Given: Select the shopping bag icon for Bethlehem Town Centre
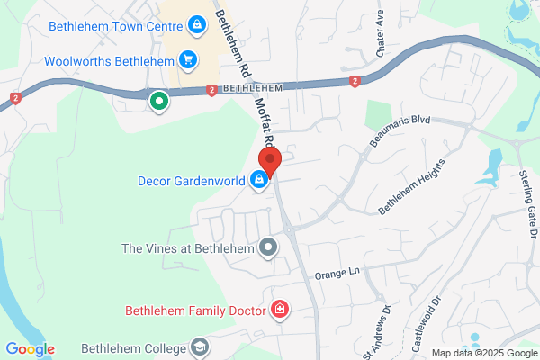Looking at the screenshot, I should click(x=194, y=25).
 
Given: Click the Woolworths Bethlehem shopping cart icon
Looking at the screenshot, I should click(x=188, y=61).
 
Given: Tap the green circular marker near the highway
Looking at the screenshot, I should click(x=159, y=102).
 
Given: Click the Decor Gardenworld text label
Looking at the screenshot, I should click(x=191, y=180).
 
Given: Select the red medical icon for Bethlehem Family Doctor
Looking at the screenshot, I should click(x=280, y=310).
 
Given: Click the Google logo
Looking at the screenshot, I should click(x=30, y=349).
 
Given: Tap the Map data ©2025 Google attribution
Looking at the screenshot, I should click(x=483, y=352).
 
